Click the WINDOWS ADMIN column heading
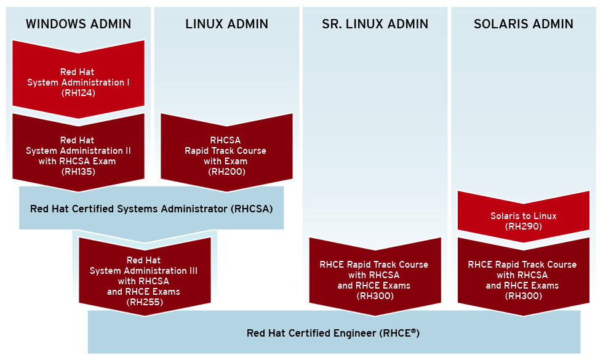click(x=78, y=25)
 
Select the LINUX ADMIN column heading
click(x=226, y=25)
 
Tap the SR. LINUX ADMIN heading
click(x=375, y=25)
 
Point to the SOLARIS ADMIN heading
click(x=523, y=25)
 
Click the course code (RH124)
click(x=78, y=94)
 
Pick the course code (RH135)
click(x=78, y=172)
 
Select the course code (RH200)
click(x=226, y=172)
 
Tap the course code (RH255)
click(x=145, y=302)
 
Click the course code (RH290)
click(x=523, y=226)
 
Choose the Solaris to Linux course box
click(x=523, y=215)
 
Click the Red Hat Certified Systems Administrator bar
click(x=151, y=209)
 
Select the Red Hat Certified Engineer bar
click(x=333, y=333)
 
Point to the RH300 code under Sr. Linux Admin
click(x=375, y=296)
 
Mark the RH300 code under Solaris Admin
click(x=523, y=296)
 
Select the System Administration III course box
click(x=145, y=277)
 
